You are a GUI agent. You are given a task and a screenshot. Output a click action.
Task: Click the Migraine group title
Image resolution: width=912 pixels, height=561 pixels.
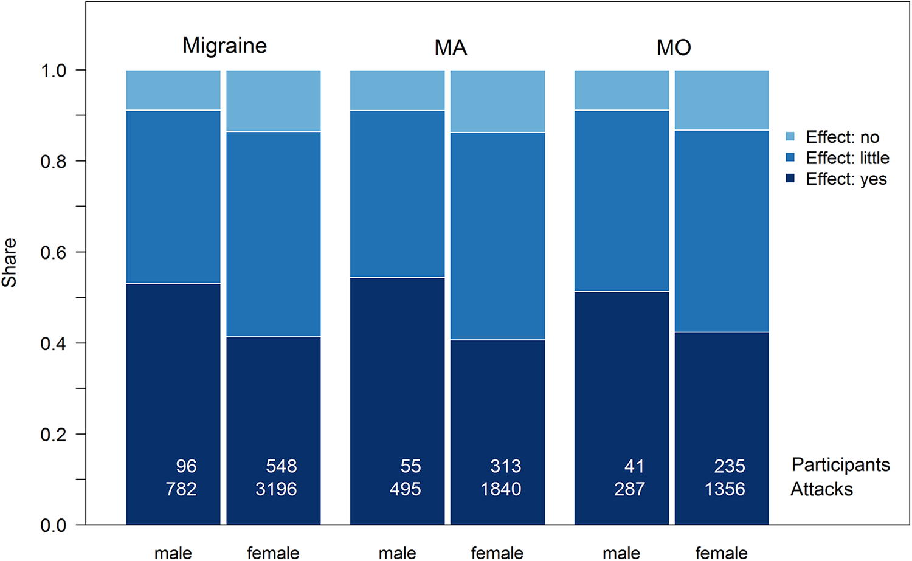[225, 46]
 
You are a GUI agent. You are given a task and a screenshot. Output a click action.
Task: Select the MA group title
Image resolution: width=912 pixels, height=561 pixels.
[451, 47]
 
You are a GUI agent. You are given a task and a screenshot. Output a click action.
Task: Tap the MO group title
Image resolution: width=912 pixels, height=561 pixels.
[674, 47]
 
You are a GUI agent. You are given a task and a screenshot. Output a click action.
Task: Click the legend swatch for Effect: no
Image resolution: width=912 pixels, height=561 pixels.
[790, 136]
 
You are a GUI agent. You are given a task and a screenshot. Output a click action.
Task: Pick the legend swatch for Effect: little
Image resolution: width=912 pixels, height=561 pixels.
[790, 157]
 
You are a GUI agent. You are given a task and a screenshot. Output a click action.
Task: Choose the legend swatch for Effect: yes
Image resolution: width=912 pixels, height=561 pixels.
[790, 178]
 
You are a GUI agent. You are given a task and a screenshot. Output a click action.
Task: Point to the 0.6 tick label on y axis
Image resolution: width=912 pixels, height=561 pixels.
[54, 252]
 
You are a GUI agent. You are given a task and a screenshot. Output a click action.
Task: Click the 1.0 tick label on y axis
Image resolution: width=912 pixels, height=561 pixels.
[54, 71]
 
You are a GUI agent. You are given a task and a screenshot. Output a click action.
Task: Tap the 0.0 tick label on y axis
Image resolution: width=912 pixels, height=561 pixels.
[54, 526]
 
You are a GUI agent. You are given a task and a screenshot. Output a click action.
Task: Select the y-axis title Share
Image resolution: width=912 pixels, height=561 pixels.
[9, 263]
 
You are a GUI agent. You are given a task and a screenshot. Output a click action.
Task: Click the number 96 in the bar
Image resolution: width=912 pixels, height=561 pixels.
[187, 466]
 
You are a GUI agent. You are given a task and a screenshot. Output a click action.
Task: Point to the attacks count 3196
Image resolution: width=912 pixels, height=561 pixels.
[276, 489]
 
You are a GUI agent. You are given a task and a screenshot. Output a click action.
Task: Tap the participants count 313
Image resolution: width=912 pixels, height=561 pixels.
[505, 466]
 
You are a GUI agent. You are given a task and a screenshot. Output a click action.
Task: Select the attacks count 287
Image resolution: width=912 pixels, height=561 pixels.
[629, 489]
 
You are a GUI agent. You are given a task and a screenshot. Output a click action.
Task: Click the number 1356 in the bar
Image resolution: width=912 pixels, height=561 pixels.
[725, 489]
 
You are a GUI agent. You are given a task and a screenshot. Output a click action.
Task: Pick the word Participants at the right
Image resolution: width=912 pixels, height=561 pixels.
[841, 466]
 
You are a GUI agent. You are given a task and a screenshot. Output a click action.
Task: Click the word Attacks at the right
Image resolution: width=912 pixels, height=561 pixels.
[821, 489]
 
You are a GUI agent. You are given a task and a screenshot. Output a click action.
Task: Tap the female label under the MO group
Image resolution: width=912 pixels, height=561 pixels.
[722, 553]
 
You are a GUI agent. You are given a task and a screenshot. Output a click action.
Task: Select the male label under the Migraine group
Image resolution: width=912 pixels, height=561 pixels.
[173, 554]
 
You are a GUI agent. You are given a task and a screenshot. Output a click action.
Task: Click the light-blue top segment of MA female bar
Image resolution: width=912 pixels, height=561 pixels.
[497, 101]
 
